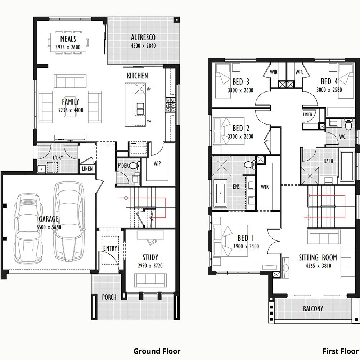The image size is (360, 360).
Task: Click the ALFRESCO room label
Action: pyautogui.click(x=143, y=37)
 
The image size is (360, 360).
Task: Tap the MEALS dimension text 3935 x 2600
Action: pyautogui.click(x=68, y=47)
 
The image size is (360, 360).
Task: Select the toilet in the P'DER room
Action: pyautogui.click(x=134, y=165)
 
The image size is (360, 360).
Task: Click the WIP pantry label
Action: pyautogui.click(x=157, y=163)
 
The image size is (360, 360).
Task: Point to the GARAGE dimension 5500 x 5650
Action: pyautogui.click(x=49, y=227)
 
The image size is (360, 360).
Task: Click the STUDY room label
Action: pyautogui.click(x=150, y=257)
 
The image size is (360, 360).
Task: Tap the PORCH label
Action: pyautogui.click(x=109, y=297)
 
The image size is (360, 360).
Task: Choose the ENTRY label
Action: pyautogui.click(x=110, y=248)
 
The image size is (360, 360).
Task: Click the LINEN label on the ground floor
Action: pyautogui.click(x=87, y=169)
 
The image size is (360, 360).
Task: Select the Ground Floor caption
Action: pyautogui.click(x=157, y=351)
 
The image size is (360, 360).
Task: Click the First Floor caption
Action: pyautogui.click(x=341, y=351)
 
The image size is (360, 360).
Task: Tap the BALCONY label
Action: pyautogui.click(x=313, y=309)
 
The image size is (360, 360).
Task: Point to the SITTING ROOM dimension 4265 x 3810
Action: pyautogui.click(x=318, y=266)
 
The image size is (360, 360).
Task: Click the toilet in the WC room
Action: pyautogui.click(x=348, y=125)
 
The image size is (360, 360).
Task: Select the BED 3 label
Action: pyautogui.click(x=240, y=82)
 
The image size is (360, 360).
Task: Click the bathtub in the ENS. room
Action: pyautogui.click(x=220, y=193)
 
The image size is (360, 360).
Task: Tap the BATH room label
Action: pyautogui.click(x=328, y=161)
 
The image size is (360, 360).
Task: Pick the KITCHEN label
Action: pyautogui.click(x=138, y=76)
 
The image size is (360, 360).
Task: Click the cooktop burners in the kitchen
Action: pyautogui.click(x=170, y=105)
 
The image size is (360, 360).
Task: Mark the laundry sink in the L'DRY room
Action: pyautogui.click(x=41, y=169)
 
